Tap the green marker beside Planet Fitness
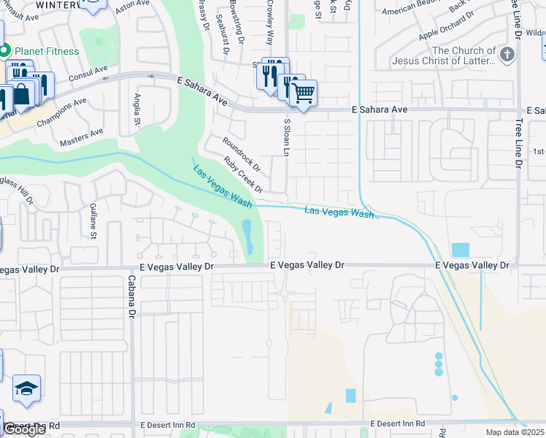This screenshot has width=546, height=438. tap(4, 51)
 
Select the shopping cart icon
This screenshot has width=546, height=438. tap(303, 93)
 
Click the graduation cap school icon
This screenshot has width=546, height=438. tap(27, 388)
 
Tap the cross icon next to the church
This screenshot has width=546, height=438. tap(507, 55)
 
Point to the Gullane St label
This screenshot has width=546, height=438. tap(93, 221)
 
